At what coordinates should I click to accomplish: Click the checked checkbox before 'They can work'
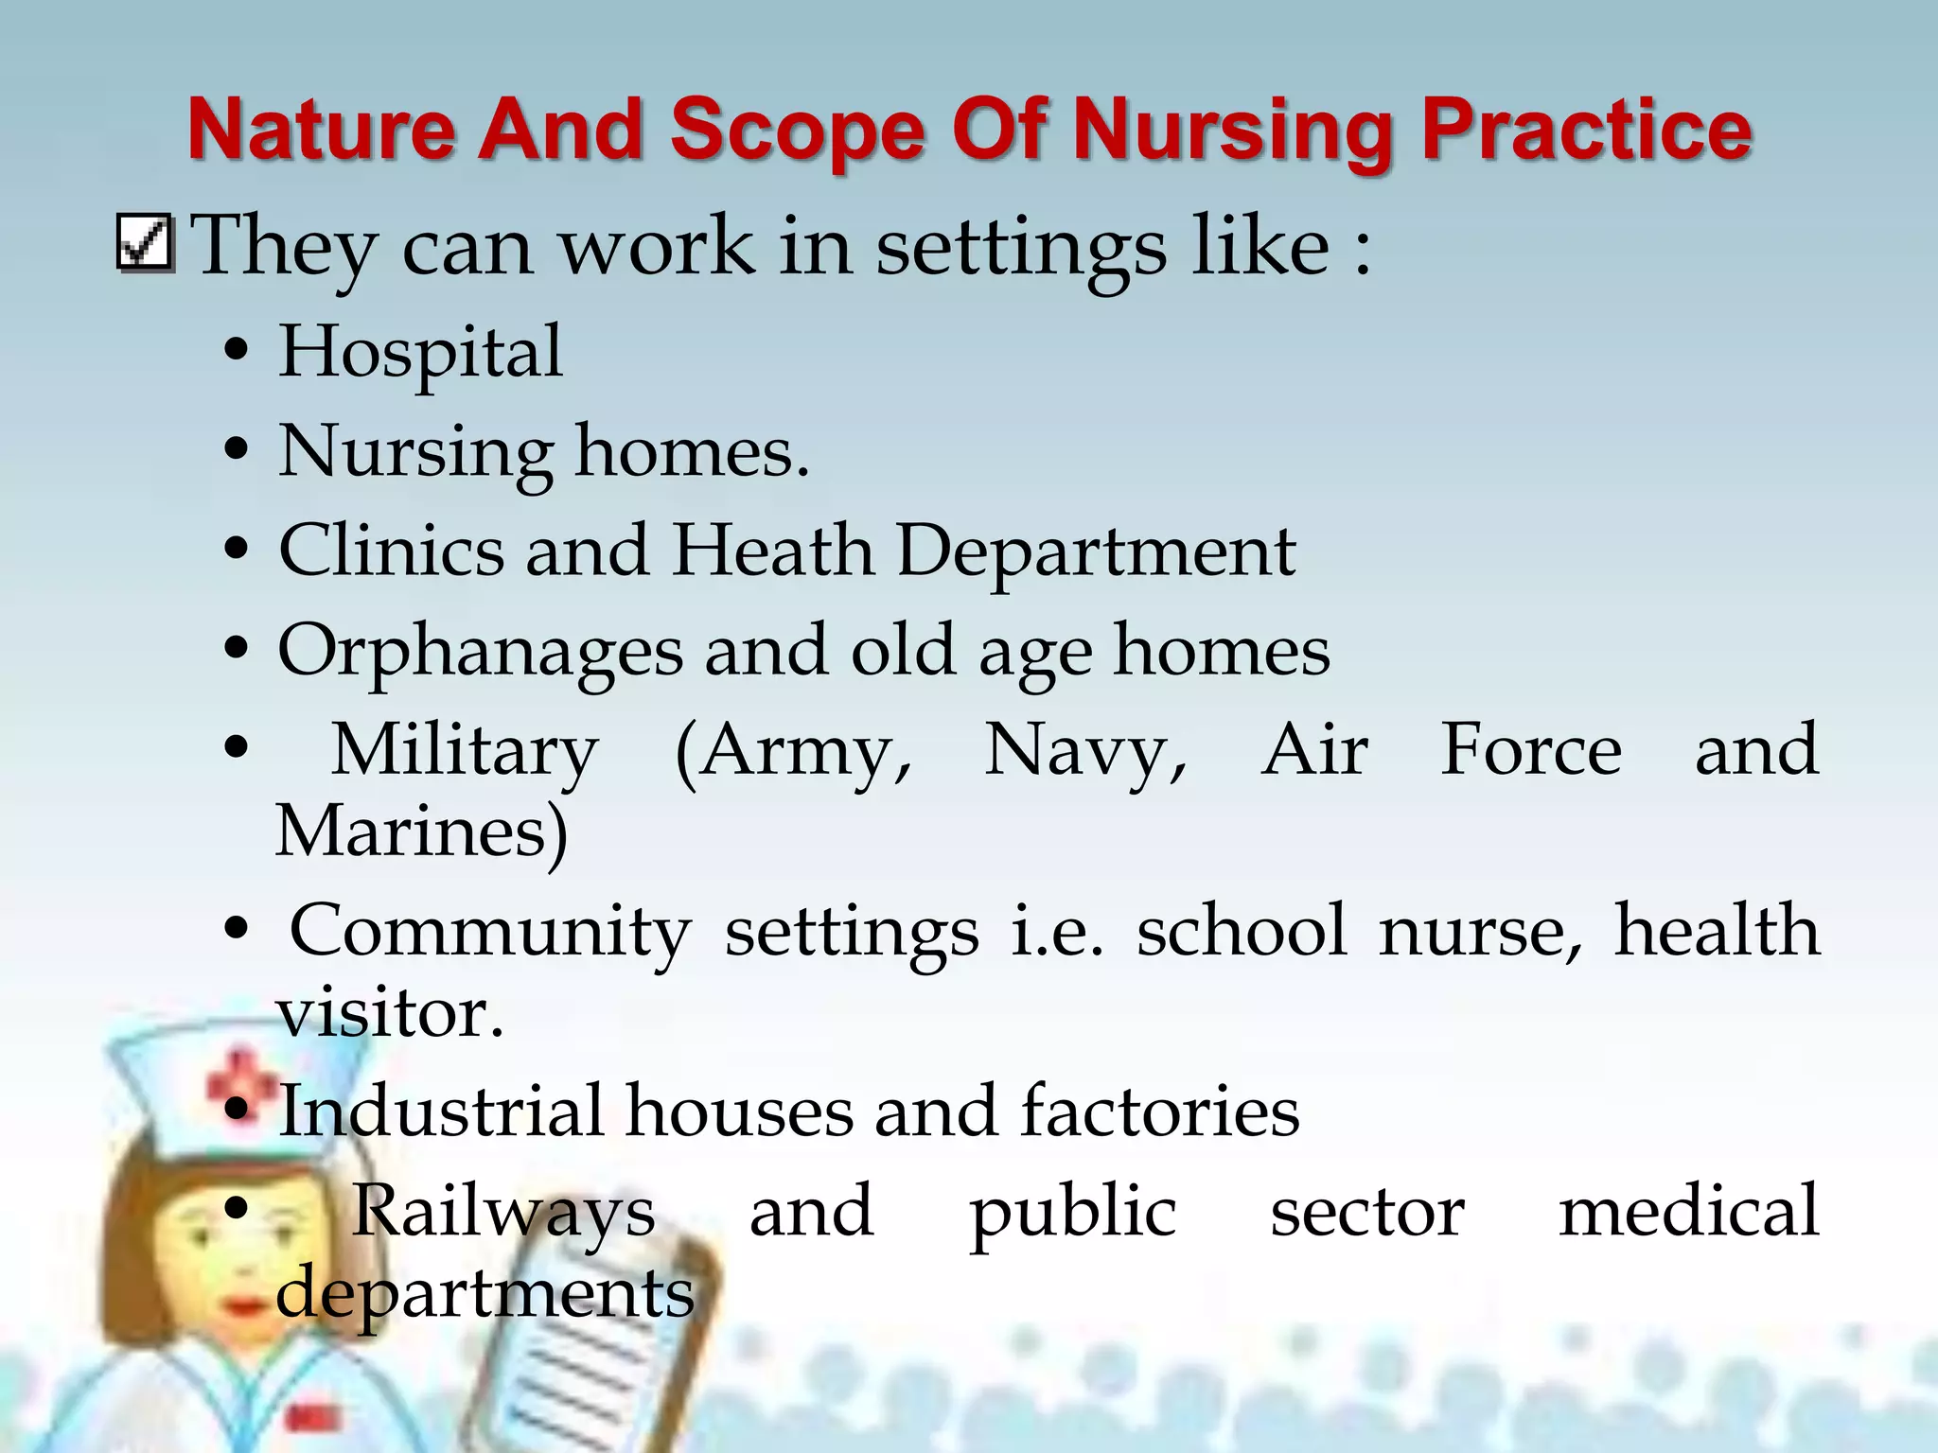tap(145, 244)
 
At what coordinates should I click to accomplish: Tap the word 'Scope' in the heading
tap(797, 130)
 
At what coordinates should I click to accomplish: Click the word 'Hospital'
tap(420, 352)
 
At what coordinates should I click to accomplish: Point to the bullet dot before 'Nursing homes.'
tap(237, 451)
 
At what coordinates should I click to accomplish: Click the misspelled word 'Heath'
tap(772, 551)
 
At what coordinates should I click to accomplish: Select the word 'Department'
tap(1095, 552)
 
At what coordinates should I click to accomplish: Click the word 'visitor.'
tap(389, 1013)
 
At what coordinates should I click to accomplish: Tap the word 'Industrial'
tap(441, 1112)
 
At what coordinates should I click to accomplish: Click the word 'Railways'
tap(503, 1212)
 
